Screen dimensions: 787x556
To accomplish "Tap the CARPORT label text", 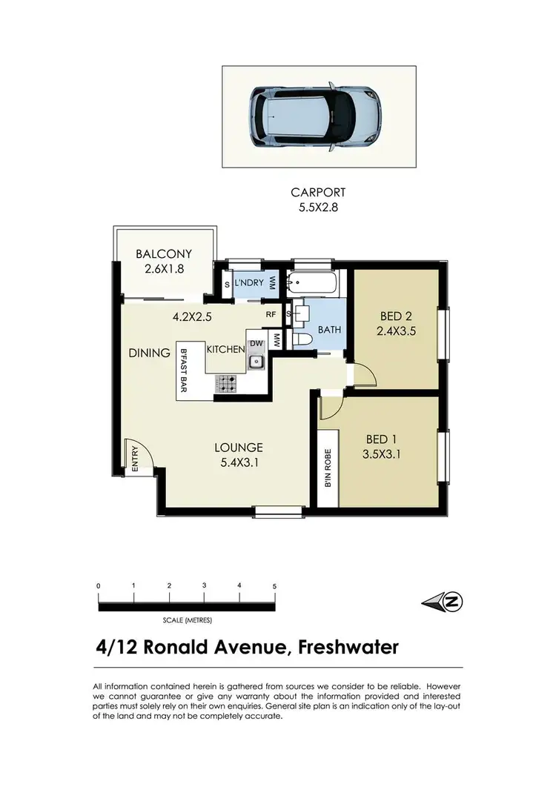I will coord(319,193).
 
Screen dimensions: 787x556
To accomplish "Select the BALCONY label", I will coord(164,254).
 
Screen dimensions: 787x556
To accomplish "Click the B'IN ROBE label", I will coord(327,468).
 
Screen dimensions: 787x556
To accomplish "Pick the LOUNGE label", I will coord(239,447).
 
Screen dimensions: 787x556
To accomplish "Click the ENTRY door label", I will coord(135,459).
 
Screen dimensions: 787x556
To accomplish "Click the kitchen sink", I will coord(255,362).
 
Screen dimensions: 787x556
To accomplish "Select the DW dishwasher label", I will coord(255,343).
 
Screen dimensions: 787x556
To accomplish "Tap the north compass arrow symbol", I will coord(442,602).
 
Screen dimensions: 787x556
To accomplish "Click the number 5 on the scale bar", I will coord(274,586).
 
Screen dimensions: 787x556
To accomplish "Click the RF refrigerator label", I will coord(271,313).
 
